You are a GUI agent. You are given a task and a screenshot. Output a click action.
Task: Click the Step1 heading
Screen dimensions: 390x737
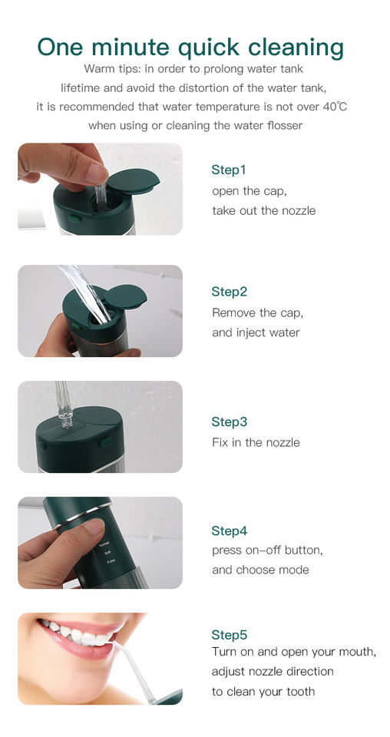coord(228,170)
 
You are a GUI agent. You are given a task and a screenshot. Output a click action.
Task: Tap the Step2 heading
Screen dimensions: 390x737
coord(229,292)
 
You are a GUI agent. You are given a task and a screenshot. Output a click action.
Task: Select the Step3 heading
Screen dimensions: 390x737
coord(229,421)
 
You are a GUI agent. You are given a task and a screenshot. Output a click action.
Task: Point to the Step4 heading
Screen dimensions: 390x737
coord(229,530)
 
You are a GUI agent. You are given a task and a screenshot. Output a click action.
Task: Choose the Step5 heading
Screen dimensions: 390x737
coord(229,635)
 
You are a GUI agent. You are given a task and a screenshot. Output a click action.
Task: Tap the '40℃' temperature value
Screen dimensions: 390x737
coord(335,107)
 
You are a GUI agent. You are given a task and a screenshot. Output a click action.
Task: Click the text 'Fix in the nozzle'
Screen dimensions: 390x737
coord(256,442)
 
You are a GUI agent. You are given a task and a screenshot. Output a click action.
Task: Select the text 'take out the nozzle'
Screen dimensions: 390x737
coord(263,210)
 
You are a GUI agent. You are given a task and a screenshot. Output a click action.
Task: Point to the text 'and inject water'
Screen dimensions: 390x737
coord(256,332)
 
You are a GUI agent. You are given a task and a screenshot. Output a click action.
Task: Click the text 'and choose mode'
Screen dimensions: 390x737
coord(260,570)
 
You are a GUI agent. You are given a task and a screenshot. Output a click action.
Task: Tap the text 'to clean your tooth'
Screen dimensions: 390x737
coord(263,692)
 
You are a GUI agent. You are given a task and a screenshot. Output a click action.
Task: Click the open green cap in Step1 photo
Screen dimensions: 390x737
coord(134,180)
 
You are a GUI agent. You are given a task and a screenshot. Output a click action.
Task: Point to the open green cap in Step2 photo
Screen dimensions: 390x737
coord(125,296)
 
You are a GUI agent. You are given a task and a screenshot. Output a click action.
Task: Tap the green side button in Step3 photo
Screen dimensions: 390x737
coord(107,442)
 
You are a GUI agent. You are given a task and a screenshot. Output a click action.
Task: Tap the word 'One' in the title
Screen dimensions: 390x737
coord(61,48)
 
